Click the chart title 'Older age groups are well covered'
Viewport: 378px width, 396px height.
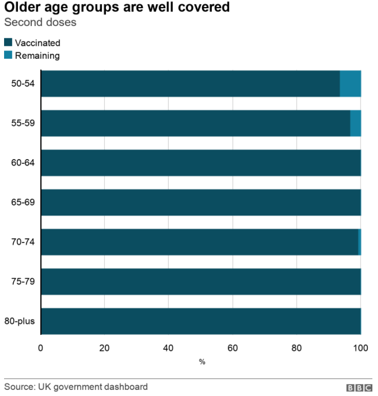[117, 8]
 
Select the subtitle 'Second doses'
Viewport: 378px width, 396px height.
[40, 22]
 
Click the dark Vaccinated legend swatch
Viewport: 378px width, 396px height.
[8, 43]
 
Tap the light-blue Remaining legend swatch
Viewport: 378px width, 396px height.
[8, 55]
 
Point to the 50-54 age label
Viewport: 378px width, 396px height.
[23, 83]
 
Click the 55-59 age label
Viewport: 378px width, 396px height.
[23, 123]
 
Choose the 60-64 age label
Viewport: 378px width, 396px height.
[23, 163]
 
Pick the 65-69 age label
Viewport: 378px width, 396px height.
[23, 203]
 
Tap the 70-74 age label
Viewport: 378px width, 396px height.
[23, 242]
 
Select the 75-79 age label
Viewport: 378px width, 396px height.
[23, 282]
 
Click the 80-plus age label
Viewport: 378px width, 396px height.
[20, 321]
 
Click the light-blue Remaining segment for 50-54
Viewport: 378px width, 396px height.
[350, 84]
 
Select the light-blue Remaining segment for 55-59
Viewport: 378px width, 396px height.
[355, 123]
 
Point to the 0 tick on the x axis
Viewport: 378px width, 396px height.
[41, 348]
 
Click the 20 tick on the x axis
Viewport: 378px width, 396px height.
[104, 348]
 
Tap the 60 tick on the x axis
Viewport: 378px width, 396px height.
[233, 348]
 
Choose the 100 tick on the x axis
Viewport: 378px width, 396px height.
[361, 348]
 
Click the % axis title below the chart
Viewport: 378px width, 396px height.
[202, 362]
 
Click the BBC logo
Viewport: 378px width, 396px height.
[359, 388]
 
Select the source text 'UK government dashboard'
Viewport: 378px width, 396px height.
[93, 387]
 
